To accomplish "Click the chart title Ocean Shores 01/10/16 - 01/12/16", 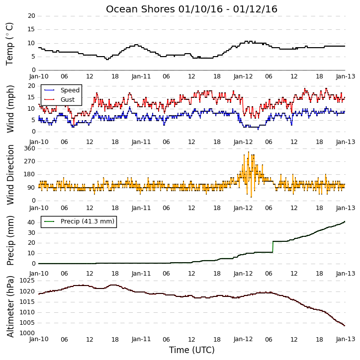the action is (x=191, y=9).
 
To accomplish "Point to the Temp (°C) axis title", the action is (x=9, y=44).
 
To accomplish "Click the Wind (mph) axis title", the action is (x=10, y=109).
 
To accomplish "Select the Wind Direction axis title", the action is (x=10, y=175).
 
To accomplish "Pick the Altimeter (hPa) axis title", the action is (x=10, y=307).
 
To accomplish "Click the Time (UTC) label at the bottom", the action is (x=192, y=350).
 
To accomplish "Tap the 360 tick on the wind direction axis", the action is (x=30, y=148).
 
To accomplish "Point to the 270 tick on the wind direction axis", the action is (x=30, y=161).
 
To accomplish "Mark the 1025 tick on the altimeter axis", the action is (x=27, y=281).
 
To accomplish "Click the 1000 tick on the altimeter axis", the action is (x=27, y=333).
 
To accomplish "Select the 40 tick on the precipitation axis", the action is (x=31, y=222).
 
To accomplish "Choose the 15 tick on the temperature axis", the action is (x=31, y=29).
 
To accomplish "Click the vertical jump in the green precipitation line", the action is (x=273, y=247).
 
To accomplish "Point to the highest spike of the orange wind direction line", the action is (x=249, y=152).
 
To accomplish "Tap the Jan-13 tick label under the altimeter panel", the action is (x=346, y=339).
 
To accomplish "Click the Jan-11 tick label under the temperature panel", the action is (x=141, y=76).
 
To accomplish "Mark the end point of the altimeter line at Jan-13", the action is (x=345, y=326).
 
